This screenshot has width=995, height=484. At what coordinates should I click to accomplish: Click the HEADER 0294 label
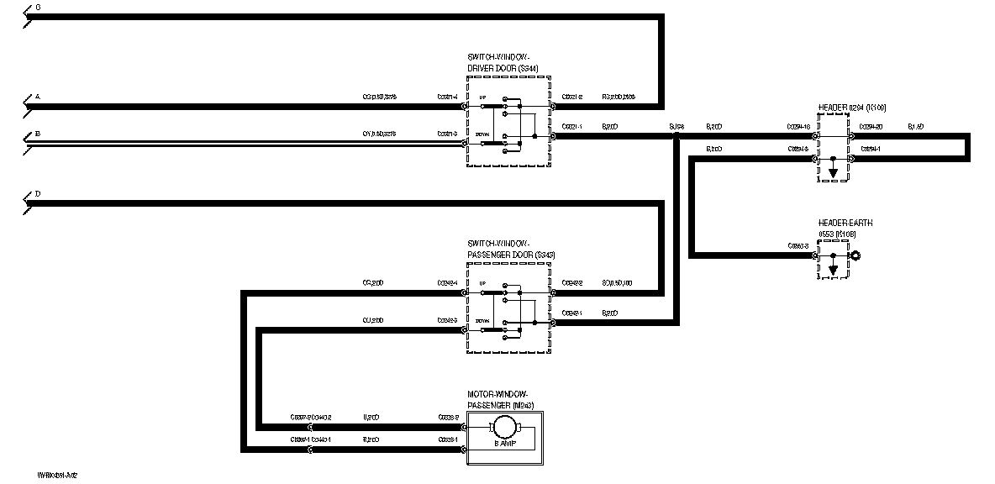tap(852, 108)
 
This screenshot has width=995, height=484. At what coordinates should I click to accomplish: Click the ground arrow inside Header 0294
tap(833, 173)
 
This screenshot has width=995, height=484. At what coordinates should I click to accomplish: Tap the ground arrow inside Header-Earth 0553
tap(833, 270)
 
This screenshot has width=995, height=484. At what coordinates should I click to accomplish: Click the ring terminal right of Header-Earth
tap(855, 255)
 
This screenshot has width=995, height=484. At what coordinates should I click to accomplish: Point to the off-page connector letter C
tap(37, 7)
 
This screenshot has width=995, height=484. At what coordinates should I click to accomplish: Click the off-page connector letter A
tap(37, 97)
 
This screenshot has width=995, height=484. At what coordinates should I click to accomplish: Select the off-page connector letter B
tap(37, 134)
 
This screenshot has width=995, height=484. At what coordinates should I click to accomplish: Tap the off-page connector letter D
tap(37, 194)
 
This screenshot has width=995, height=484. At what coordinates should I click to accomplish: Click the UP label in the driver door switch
tap(482, 98)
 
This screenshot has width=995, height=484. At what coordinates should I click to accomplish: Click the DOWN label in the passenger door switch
tap(482, 322)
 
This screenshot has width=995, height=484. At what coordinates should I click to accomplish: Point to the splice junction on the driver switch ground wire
tap(676, 134)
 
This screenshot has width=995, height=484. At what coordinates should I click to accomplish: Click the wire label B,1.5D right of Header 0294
tap(915, 127)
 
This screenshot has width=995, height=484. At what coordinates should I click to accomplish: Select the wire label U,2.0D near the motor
tap(371, 417)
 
